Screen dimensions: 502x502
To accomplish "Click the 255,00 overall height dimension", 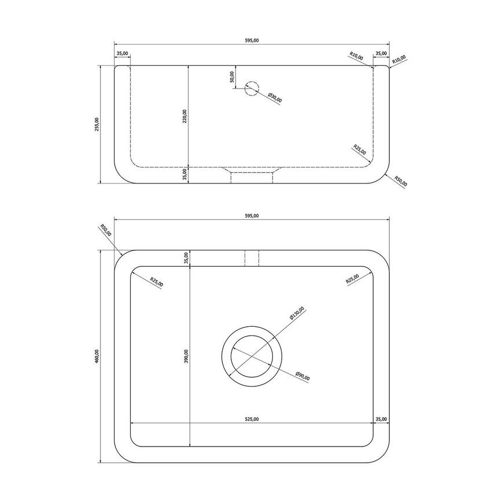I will (x=97, y=124).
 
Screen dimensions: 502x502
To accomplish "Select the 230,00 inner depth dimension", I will (x=184, y=116).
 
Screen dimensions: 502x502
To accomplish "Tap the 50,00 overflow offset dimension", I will (x=232, y=77).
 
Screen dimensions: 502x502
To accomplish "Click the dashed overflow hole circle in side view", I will (x=252, y=88).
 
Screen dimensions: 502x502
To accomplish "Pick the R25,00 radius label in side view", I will (x=359, y=150).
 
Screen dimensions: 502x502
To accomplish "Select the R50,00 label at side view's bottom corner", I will (x=400, y=181).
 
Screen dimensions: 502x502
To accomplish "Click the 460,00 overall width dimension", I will (x=97, y=357).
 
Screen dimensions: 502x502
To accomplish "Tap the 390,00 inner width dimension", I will (x=184, y=357).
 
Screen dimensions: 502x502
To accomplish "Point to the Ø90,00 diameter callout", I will (x=302, y=375).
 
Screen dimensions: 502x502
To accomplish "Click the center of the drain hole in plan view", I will (x=252, y=356).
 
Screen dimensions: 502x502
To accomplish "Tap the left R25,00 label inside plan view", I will (x=156, y=282).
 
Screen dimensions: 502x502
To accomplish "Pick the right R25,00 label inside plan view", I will (x=352, y=279).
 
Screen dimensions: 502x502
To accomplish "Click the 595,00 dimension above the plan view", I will (x=252, y=215).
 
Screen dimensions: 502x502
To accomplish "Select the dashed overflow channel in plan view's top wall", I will (x=252, y=258).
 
